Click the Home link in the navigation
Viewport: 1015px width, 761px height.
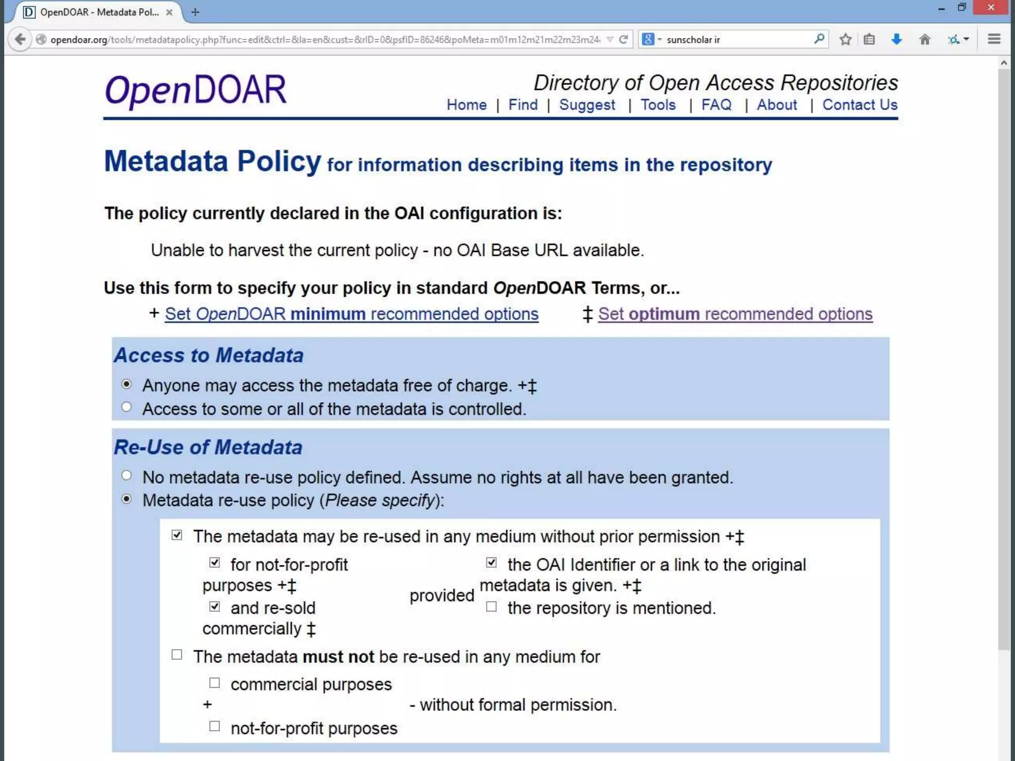[x=466, y=105]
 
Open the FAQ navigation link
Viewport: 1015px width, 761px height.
[x=716, y=105]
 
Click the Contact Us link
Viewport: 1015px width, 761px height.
[x=860, y=105]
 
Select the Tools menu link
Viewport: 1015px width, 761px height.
[x=658, y=105]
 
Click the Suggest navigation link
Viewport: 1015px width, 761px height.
[x=587, y=105]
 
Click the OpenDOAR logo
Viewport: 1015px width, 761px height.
[x=196, y=90]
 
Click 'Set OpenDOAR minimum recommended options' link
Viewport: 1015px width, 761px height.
[x=351, y=314]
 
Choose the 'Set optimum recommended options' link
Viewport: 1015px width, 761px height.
[x=735, y=314]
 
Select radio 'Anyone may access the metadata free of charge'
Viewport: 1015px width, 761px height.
[x=127, y=384]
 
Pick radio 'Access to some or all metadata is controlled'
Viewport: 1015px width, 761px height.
[x=127, y=407]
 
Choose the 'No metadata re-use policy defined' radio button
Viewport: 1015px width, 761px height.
[x=127, y=476]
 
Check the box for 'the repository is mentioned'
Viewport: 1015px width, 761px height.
[x=491, y=607]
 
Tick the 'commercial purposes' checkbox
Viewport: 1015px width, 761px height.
[x=215, y=683]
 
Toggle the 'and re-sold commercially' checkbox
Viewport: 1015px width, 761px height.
[x=215, y=606]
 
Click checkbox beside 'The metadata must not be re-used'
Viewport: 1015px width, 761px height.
[x=177, y=655]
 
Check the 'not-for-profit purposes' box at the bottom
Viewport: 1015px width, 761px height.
[x=215, y=727]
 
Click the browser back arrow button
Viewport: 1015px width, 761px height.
[x=20, y=39]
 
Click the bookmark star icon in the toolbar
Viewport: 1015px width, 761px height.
[x=846, y=39]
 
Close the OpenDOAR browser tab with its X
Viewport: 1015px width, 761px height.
[x=169, y=12]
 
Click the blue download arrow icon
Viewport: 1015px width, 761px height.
[x=896, y=39]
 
